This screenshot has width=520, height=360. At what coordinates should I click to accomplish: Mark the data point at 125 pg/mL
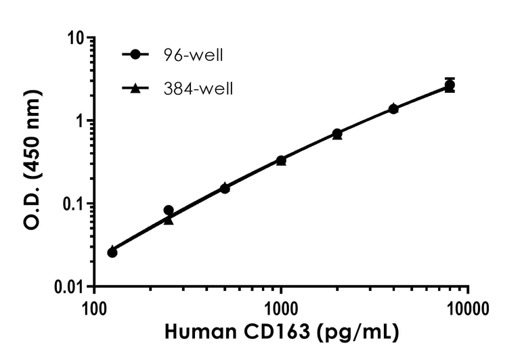click(112, 252)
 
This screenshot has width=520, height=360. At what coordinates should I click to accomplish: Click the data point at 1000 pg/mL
click(281, 160)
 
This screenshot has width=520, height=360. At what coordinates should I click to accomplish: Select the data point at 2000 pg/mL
click(337, 134)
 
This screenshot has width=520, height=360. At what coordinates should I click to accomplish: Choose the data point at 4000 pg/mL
click(393, 108)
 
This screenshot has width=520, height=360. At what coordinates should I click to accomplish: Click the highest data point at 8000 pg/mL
click(450, 85)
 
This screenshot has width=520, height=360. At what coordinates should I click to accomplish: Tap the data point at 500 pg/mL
click(225, 187)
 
